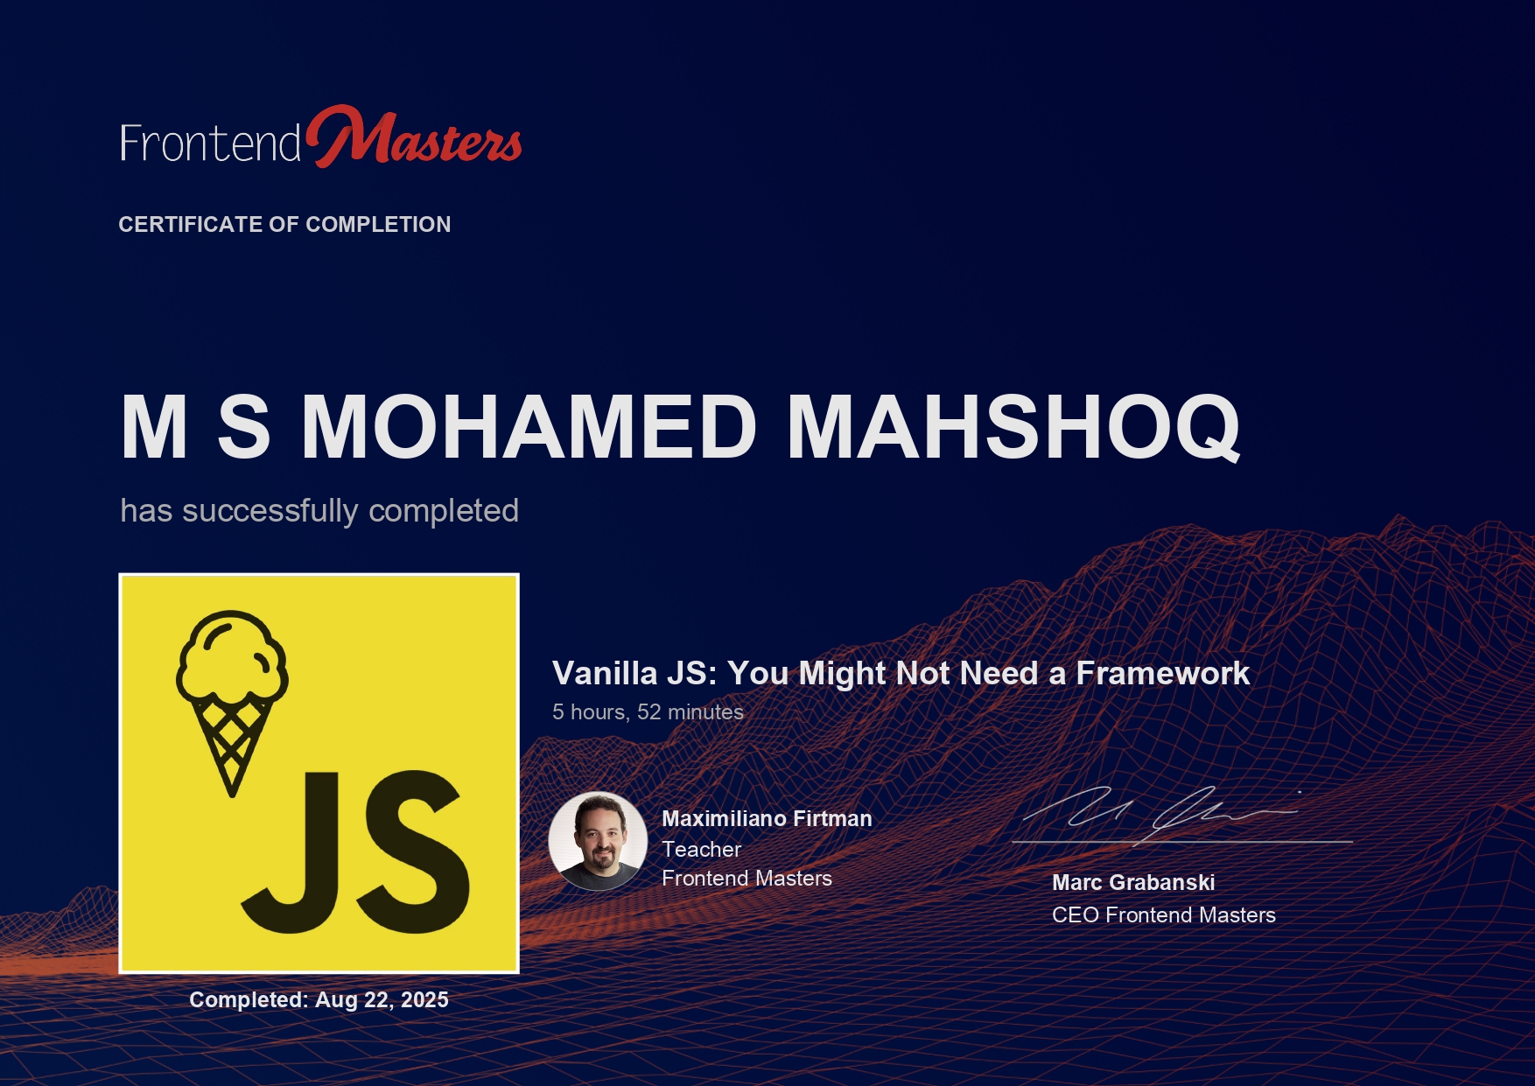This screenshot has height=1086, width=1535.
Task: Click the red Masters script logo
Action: [x=414, y=137]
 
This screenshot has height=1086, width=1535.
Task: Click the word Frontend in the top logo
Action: [x=211, y=143]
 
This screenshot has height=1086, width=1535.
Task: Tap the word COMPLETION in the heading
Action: [x=378, y=224]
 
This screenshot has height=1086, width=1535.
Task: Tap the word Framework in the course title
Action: [x=1162, y=673]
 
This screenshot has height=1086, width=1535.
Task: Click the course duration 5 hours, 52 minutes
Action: [x=648, y=712]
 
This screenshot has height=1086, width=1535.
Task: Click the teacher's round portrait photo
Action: [x=598, y=841]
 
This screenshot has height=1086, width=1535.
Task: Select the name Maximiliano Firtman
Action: [x=767, y=818]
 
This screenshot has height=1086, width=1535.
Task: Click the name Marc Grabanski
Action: [x=1133, y=882]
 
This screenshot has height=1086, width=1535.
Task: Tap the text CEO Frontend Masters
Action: [x=1164, y=914]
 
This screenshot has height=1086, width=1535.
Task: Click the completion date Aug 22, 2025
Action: [x=382, y=999]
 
